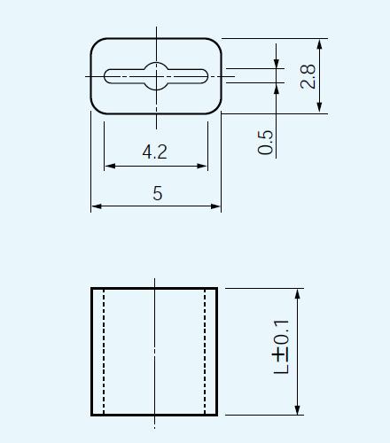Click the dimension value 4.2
click(154, 152)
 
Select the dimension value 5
click(157, 194)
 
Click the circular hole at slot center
click(156, 76)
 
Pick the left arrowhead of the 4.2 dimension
click(108, 166)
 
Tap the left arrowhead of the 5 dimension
click(96, 206)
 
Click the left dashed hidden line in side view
click(105, 352)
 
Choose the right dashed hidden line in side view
click(206, 352)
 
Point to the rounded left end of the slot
click(107, 76)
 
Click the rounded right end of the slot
click(205, 76)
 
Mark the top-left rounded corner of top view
click(96, 44)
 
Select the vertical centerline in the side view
click(156, 352)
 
